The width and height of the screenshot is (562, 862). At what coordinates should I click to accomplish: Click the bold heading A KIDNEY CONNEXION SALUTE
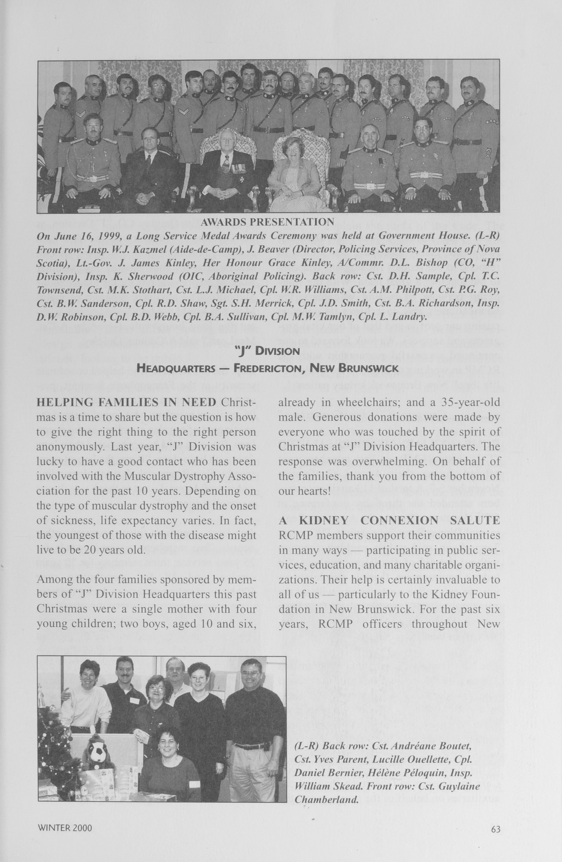tap(389, 520)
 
